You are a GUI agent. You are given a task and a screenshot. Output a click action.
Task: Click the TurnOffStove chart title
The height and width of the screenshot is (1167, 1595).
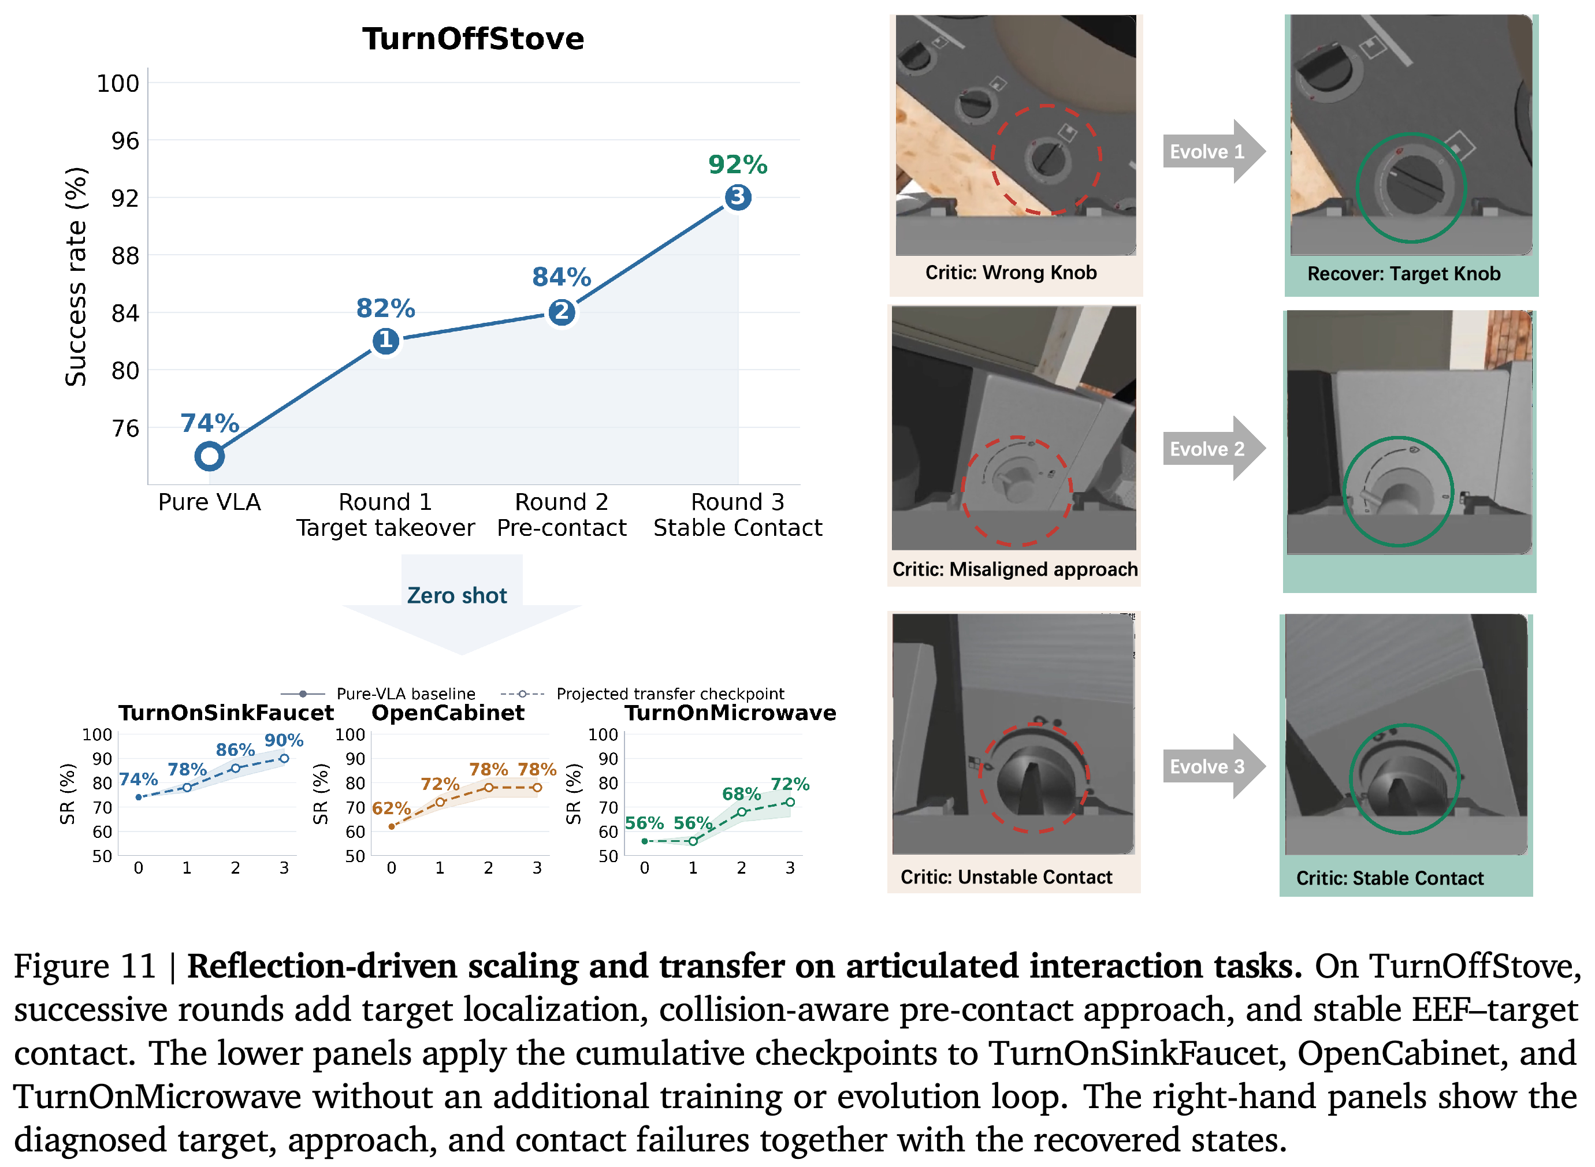tap(473, 39)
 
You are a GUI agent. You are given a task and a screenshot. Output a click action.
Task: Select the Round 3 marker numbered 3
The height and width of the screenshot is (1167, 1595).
tap(738, 196)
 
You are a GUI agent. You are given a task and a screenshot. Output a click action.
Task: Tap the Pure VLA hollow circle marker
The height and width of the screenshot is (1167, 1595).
tap(209, 456)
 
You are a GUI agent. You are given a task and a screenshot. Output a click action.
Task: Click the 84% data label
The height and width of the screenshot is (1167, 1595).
tap(561, 277)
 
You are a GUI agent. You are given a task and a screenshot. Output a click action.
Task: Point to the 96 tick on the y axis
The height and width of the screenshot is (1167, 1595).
tap(125, 140)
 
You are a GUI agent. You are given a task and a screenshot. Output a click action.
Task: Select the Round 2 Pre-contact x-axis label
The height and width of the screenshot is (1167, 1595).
tap(561, 515)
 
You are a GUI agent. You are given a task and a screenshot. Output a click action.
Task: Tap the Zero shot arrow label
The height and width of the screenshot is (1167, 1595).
tap(456, 595)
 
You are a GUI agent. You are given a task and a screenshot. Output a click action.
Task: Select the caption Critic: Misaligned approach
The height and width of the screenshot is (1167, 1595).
tap(1015, 569)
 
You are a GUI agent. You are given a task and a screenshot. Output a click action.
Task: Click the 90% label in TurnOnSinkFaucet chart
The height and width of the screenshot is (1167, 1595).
tap(284, 740)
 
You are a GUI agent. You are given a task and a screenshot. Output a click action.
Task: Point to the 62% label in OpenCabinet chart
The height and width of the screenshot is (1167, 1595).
tap(392, 808)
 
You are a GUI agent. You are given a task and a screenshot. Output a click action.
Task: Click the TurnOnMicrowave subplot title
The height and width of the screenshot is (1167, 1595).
tap(730, 712)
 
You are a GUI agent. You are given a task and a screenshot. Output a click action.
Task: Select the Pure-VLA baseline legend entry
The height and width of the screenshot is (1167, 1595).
tap(378, 694)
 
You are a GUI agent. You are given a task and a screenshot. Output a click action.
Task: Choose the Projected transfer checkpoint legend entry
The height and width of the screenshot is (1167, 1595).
tap(642, 694)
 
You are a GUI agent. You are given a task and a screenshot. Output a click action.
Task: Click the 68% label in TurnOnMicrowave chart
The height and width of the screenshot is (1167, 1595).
tap(741, 793)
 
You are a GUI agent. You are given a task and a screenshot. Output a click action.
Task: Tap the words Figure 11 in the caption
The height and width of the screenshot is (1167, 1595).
tap(85, 965)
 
